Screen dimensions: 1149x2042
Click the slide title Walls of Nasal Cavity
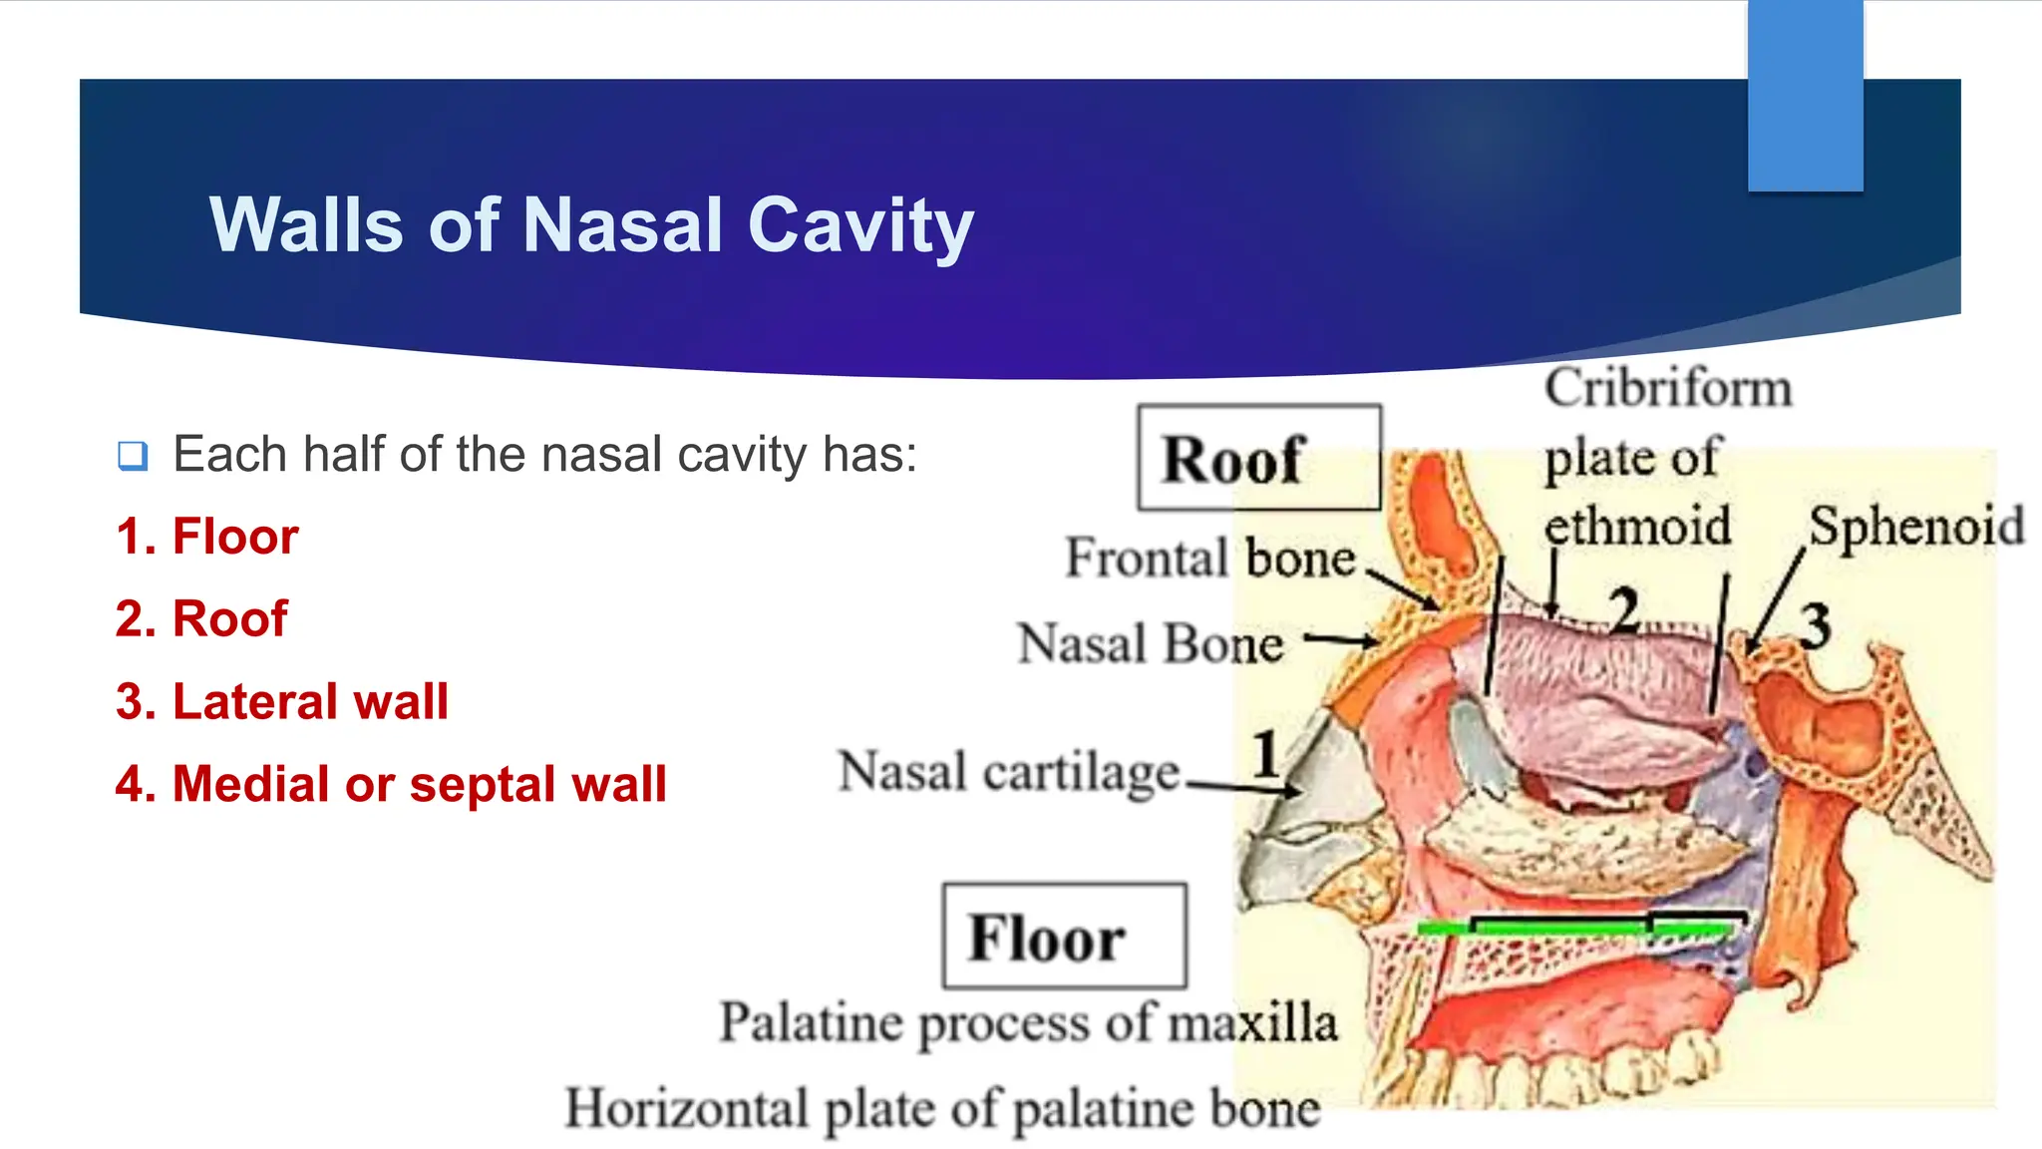pyautogui.click(x=590, y=225)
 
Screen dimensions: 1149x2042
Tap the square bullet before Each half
pyautogui.click(x=133, y=456)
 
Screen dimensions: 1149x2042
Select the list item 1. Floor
pyautogui.click(x=206, y=537)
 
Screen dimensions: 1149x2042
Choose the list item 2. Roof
pyautogui.click(x=201, y=618)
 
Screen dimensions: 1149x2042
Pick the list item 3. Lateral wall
pyautogui.click(x=281, y=701)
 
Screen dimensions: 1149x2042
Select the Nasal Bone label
pyautogui.click(x=1150, y=643)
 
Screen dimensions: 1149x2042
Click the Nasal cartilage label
pyautogui.click(x=1009, y=772)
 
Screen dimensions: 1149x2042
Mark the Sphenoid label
pyautogui.click(x=1915, y=526)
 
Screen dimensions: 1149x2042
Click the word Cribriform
pyautogui.click(x=1667, y=388)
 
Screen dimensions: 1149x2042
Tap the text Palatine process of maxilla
pyautogui.click(x=1028, y=1023)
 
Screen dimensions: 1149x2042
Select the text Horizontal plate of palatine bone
pyautogui.click(x=942, y=1108)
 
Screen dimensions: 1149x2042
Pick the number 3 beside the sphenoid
pyautogui.click(x=1815, y=626)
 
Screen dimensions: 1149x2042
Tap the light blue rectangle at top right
pyautogui.click(x=1805, y=95)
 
